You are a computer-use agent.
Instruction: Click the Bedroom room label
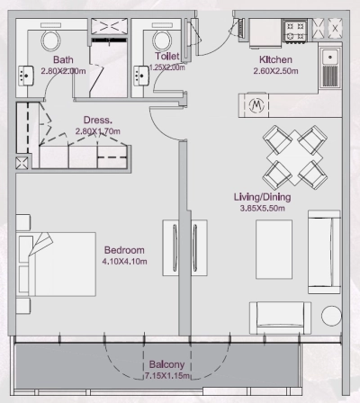pyautogui.click(x=124, y=250)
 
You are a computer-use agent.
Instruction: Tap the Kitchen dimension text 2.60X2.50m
pyautogui.click(x=275, y=71)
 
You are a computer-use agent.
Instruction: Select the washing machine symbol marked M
pyautogui.click(x=256, y=105)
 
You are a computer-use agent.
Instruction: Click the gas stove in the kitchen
pyautogui.click(x=295, y=31)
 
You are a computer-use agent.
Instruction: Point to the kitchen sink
pyautogui.click(x=330, y=67)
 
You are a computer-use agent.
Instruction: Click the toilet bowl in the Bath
pyautogui.click(x=50, y=39)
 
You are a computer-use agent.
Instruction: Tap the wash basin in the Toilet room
pyautogui.click(x=141, y=76)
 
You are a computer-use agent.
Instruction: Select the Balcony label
pyautogui.click(x=166, y=364)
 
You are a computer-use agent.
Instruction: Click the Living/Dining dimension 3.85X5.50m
pyautogui.click(x=263, y=208)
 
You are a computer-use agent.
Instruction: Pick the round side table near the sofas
pyautogui.click(x=331, y=316)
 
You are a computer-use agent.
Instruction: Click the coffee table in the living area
pyautogui.click(x=274, y=249)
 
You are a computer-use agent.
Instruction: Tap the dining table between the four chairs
pyautogui.click(x=295, y=157)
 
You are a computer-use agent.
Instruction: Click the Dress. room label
pyautogui.click(x=98, y=120)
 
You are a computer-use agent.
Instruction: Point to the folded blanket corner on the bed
pyautogui.click(x=40, y=243)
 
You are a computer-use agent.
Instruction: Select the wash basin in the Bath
pyautogui.click(x=26, y=76)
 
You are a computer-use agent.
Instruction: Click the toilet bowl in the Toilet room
pyautogui.click(x=162, y=40)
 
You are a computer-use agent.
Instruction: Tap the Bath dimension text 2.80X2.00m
pyautogui.click(x=63, y=71)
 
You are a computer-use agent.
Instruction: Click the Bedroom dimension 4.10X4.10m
pyautogui.click(x=124, y=262)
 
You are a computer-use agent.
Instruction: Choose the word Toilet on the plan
pyautogui.click(x=167, y=56)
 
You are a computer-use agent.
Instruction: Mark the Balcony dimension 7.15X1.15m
pyautogui.click(x=167, y=376)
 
